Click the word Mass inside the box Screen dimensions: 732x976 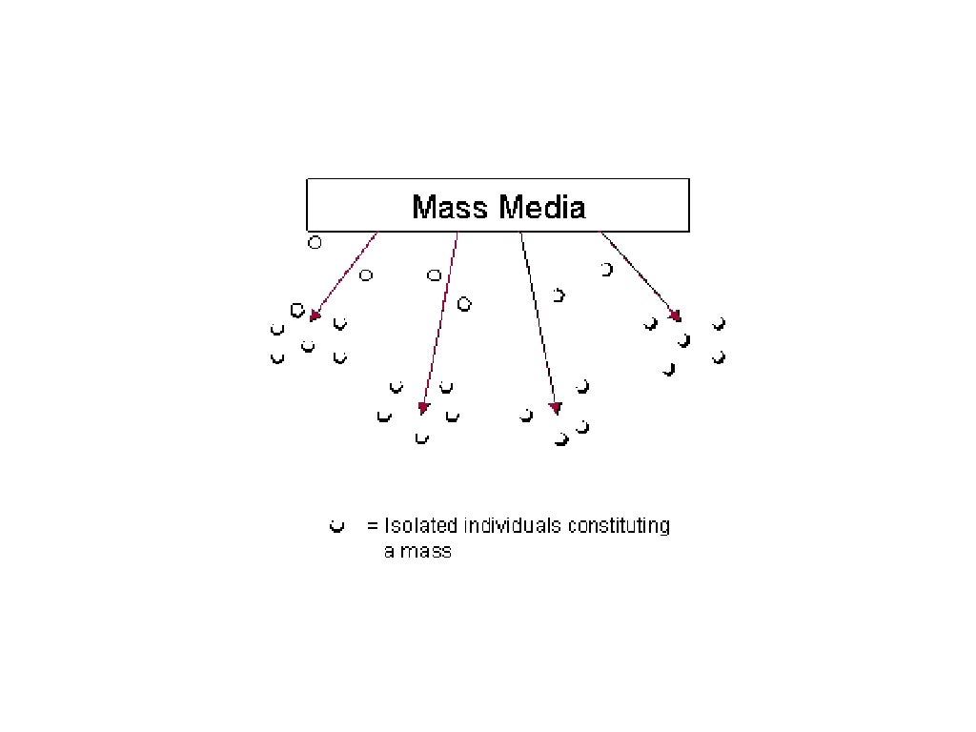pos(449,207)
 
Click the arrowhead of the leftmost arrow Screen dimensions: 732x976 pos(315,315)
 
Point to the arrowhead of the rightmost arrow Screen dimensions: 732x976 pos(676,315)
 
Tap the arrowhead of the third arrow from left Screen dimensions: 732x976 pos(555,409)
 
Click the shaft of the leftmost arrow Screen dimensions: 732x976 pos(346,274)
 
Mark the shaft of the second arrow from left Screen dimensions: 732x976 pos(440,319)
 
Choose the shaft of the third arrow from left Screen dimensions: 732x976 pos(538,319)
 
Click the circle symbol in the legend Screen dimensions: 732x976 pos(335,526)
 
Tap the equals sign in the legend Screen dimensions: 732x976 pos(373,526)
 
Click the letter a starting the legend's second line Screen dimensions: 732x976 pos(389,551)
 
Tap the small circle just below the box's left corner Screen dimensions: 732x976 pos(315,242)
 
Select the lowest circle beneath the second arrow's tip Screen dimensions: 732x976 pos(422,438)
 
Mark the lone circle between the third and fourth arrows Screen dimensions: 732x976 pos(606,270)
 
